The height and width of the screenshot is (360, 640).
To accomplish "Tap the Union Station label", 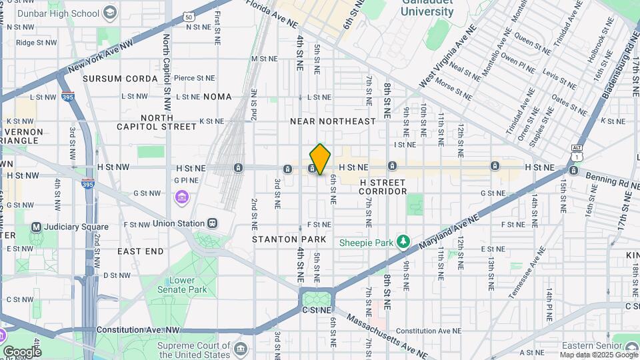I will pyautogui.click(x=178, y=223).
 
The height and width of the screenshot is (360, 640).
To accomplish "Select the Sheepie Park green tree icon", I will pyautogui.click(x=403, y=242).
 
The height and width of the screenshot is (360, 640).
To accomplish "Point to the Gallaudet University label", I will pyautogui.click(x=428, y=8).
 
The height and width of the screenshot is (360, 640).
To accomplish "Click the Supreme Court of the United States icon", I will pyautogui.click(x=241, y=349).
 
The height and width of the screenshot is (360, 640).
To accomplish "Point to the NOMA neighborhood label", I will pyautogui.click(x=217, y=97).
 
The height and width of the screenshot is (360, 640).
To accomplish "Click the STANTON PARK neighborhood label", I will pyautogui.click(x=289, y=239).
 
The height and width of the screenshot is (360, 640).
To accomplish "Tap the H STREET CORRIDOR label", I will pyautogui.click(x=383, y=187).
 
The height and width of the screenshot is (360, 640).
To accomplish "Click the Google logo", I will pyautogui.click(x=22, y=351).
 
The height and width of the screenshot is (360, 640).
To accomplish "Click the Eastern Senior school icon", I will pyautogui.click(x=631, y=346).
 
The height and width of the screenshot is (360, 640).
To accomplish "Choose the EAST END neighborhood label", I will pyautogui.click(x=140, y=251).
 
